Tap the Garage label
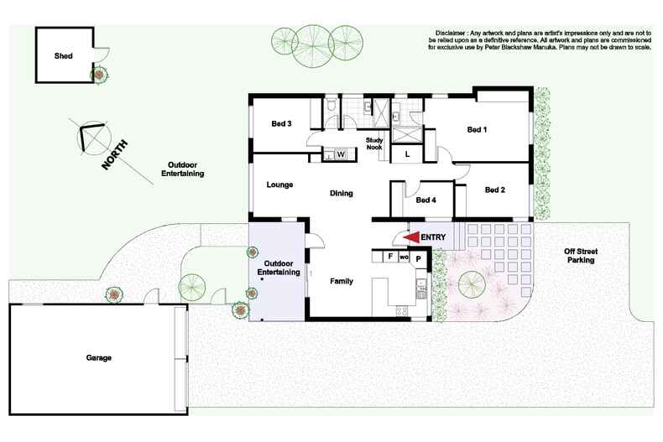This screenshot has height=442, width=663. point(98,357)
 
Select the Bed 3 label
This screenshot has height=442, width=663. point(280,124)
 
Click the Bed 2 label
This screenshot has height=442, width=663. point(494,190)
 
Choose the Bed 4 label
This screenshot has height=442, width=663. point(426,200)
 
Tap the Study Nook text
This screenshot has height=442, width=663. point(374,143)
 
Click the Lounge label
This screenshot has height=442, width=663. point(279,185)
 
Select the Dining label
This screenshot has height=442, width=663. point(341,193)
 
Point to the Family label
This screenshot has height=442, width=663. point(341,281)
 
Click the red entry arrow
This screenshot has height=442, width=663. point(411,237)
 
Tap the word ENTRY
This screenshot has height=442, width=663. point(433,237)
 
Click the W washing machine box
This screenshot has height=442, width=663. point(342,154)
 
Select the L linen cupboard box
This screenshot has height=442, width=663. point(407,154)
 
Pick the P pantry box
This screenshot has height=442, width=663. point(418,260)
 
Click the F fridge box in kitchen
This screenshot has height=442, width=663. point(390,257)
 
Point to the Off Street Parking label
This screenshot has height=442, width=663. point(580,256)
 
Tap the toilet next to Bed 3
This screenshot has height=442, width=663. point(332,107)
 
